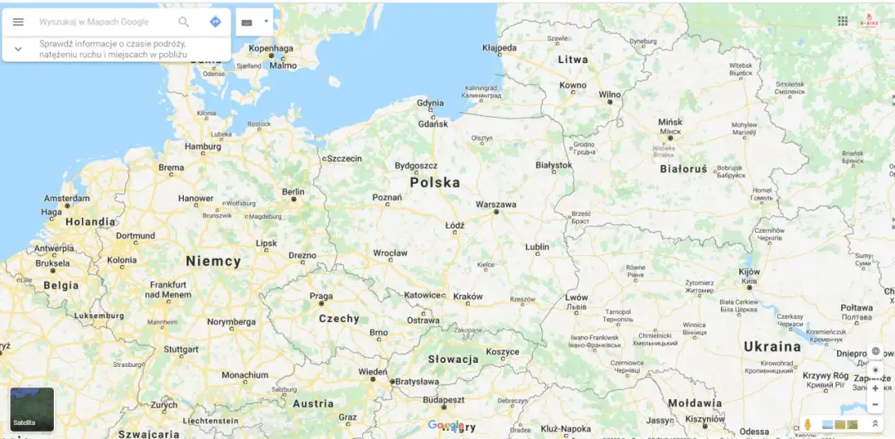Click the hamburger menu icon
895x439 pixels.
click(18, 22)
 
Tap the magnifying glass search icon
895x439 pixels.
click(184, 22)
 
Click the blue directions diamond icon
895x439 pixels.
click(215, 22)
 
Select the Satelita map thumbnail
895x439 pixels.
click(31, 409)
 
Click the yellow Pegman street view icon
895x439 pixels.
click(808, 424)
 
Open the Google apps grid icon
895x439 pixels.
click(843, 21)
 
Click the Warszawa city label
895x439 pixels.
click(496, 204)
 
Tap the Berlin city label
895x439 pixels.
click(293, 191)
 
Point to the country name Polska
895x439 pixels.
click(434, 182)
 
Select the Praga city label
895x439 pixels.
click(321, 296)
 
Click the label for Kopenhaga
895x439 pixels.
click(272, 48)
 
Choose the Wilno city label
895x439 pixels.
click(609, 94)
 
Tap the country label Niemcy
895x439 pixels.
click(213, 261)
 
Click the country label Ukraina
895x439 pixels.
click(772, 346)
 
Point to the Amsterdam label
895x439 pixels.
click(67, 199)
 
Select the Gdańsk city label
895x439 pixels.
click(433, 123)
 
